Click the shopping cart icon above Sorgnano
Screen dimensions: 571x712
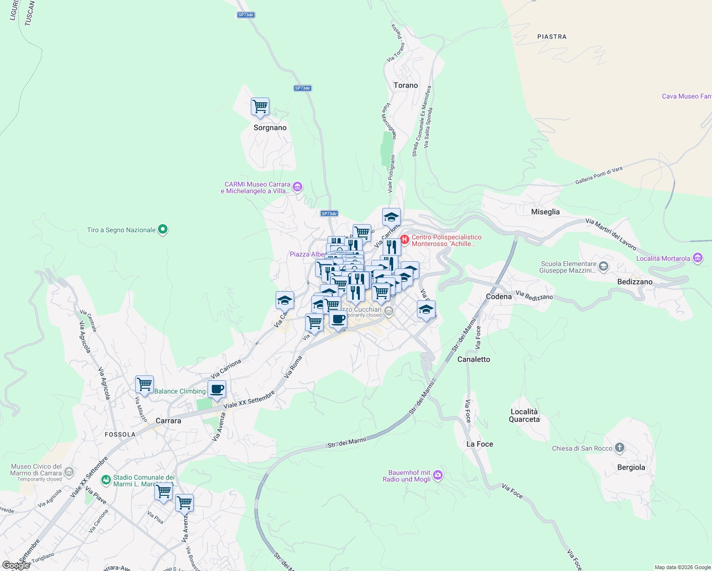coord(260,107)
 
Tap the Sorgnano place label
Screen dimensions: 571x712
coord(270,128)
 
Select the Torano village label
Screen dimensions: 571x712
coord(405,85)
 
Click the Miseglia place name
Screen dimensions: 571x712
coord(545,212)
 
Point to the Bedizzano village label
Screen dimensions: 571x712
coord(634,282)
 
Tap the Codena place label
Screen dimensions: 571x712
coord(498,296)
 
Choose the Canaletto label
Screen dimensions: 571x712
coord(473,359)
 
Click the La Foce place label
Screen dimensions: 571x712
coord(479,444)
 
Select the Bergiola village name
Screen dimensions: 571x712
coord(631,467)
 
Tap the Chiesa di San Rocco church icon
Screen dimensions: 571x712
coord(619,448)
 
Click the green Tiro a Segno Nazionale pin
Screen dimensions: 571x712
coord(162,229)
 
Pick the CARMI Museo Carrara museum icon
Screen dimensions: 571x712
coord(297,187)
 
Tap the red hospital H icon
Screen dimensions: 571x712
coord(404,239)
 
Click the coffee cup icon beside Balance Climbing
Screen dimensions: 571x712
coord(217,389)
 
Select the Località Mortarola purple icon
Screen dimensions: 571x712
coord(697,258)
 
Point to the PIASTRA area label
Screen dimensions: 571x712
coord(552,37)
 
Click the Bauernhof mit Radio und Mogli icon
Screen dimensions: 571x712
coord(438,475)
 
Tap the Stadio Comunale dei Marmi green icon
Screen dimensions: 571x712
coord(106,480)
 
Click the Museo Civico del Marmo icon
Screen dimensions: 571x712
coord(69,472)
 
